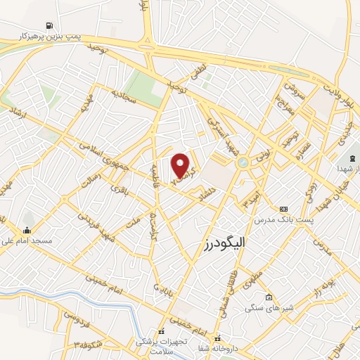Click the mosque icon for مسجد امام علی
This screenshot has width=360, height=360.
pos(27,230)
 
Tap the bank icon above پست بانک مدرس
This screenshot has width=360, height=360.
pos(283,210)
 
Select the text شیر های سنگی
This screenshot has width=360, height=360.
pos(268,308)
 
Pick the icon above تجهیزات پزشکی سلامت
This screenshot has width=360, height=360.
pos(161,330)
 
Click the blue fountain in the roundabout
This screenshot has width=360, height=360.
pos(243,162)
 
